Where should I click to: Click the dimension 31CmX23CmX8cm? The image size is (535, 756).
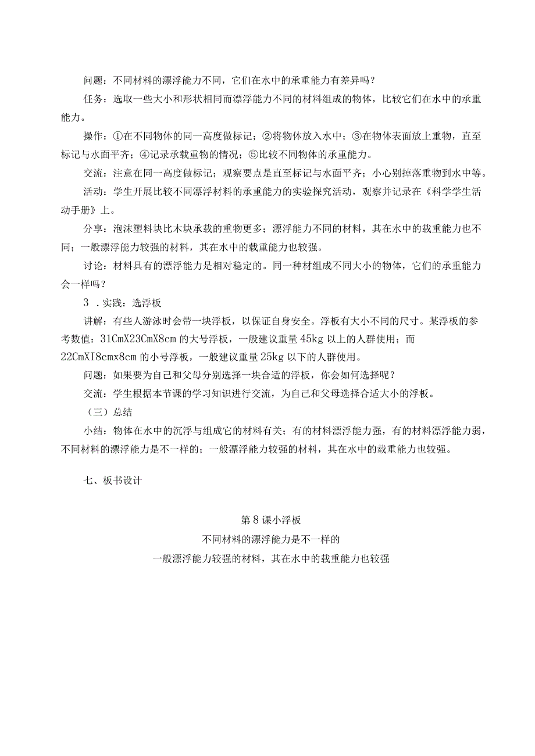(x=145, y=339)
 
